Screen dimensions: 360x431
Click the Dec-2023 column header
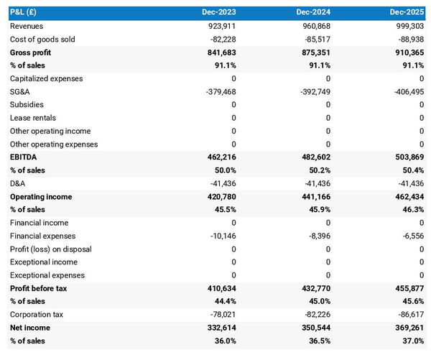[x=219, y=13]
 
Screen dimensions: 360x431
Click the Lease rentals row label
[x=33, y=118]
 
